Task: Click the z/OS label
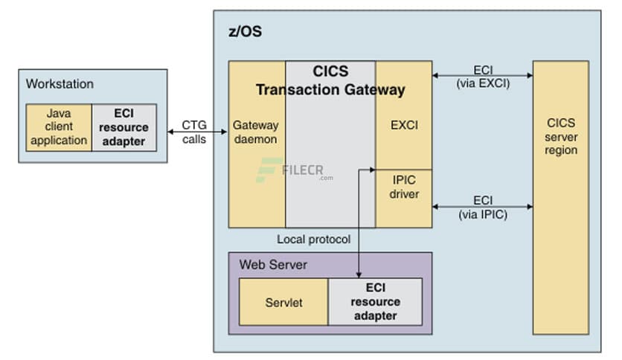click(x=245, y=33)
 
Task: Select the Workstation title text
click(x=60, y=84)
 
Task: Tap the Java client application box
click(x=59, y=127)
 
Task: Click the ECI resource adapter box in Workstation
click(x=124, y=127)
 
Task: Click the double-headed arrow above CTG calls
click(x=194, y=132)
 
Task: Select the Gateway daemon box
click(x=255, y=132)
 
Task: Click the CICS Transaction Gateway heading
click(x=330, y=81)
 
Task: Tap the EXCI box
click(x=404, y=125)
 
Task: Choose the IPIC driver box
click(x=404, y=187)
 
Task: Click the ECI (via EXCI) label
click(x=482, y=77)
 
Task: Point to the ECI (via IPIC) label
click(x=482, y=208)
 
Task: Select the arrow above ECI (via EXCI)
click(x=482, y=74)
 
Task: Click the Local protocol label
click(x=313, y=240)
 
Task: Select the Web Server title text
click(x=273, y=265)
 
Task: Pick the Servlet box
click(x=283, y=303)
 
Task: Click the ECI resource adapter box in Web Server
click(x=376, y=303)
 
